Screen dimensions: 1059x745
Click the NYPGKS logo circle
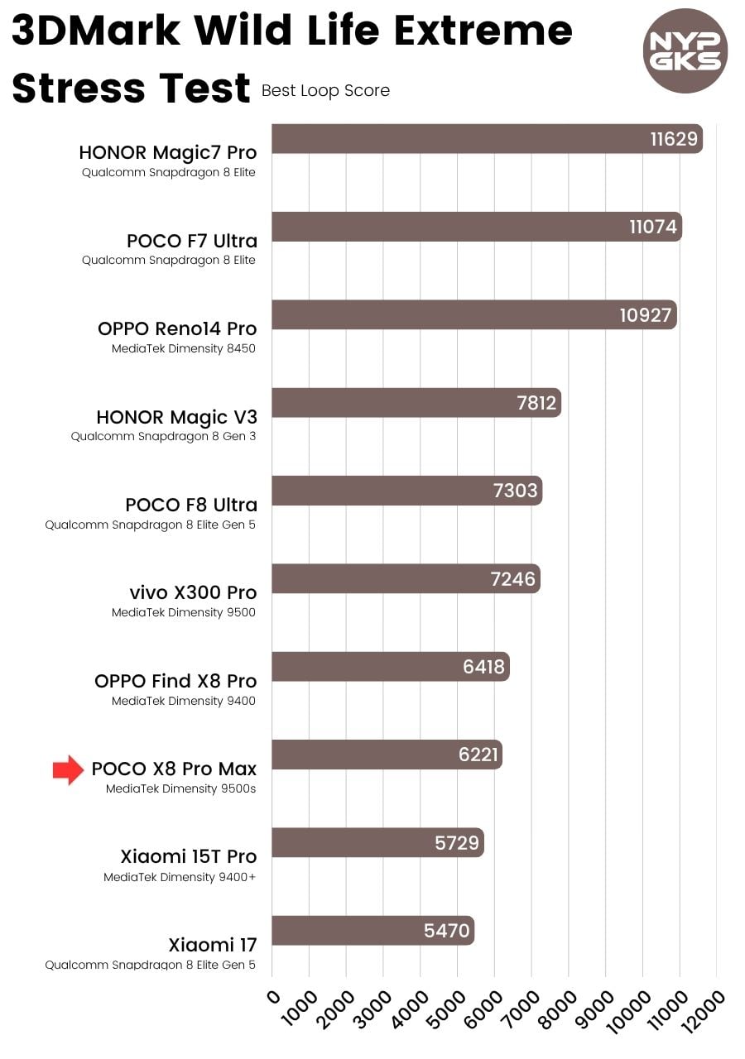point(685,50)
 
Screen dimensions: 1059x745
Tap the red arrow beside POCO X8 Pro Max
point(68,769)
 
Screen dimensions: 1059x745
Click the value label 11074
point(653,227)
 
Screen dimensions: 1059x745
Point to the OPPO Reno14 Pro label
point(177,328)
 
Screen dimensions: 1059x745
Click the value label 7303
point(515,491)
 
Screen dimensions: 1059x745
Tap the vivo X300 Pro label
point(193,592)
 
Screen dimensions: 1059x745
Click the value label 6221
point(479,755)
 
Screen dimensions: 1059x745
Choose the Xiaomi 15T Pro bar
point(377,842)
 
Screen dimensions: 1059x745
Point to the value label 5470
point(446,931)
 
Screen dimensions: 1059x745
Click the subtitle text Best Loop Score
point(325,91)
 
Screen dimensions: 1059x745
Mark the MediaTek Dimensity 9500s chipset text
point(180,788)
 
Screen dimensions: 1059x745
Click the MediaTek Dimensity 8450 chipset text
point(184,348)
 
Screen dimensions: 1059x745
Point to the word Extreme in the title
point(483,31)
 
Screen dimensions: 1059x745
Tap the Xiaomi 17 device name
point(213,945)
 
